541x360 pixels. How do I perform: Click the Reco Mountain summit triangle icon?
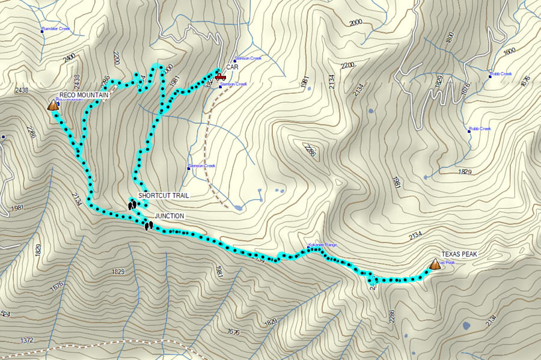point(53,105)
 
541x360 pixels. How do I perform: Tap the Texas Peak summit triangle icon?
point(435,264)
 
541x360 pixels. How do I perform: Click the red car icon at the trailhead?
point(220,77)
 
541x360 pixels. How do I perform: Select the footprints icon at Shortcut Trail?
point(132,205)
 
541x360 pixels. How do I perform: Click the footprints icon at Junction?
point(148,225)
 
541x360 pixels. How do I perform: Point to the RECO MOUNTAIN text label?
point(84,95)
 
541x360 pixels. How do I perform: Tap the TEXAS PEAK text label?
point(459,254)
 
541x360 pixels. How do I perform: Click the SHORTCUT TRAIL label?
point(164,195)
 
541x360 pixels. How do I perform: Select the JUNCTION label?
point(170,216)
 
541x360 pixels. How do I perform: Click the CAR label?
point(232,67)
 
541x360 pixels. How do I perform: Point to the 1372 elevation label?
point(26,340)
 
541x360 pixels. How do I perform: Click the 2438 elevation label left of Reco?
point(21,91)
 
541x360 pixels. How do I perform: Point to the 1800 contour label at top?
point(450,37)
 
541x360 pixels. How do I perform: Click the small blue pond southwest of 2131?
point(466,326)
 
